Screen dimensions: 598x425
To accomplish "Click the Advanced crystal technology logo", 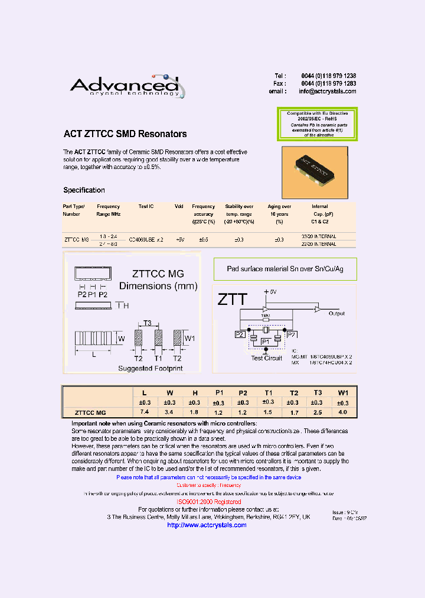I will click(x=127, y=86).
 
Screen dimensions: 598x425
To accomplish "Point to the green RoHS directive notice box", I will click(x=318, y=124).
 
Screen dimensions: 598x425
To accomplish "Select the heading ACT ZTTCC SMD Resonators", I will click(x=125, y=134).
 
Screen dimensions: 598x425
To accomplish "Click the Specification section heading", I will click(x=84, y=190).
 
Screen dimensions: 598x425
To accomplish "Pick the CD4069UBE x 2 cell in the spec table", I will click(x=146, y=239).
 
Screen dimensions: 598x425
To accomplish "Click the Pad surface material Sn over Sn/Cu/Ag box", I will click(x=285, y=269).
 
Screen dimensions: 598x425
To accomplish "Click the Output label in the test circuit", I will click(x=336, y=314).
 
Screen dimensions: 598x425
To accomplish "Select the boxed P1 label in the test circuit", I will click(x=265, y=341).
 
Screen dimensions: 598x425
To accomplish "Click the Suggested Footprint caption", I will click(x=150, y=368).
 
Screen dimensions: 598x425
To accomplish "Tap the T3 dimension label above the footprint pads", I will click(x=148, y=323).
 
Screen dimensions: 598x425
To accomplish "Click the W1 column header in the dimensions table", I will click(x=343, y=392).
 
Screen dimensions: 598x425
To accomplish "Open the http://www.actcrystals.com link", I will click(x=207, y=525).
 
